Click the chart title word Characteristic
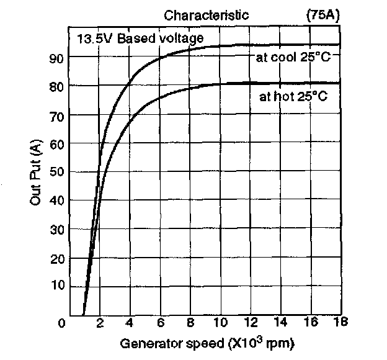206,15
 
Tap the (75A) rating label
322,15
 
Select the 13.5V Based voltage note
140,38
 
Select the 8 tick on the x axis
190,323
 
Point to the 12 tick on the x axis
251,323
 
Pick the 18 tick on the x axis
339,322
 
